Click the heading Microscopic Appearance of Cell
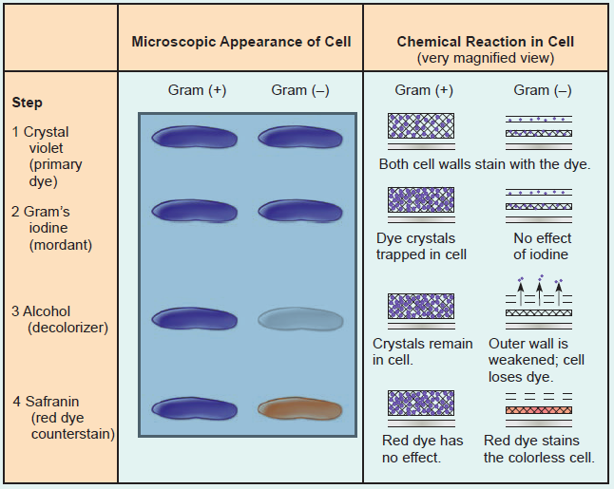point(240,42)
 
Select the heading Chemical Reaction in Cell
point(485,42)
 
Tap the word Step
point(28,103)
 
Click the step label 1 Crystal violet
point(46,156)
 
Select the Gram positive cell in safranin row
point(194,408)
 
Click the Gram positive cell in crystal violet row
point(194,139)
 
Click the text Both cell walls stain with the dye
point(485,163)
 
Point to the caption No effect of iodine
point(542,246)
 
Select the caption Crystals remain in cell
point(422,351)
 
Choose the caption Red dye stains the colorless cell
point(539,448)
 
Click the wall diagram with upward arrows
point(539,298)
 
